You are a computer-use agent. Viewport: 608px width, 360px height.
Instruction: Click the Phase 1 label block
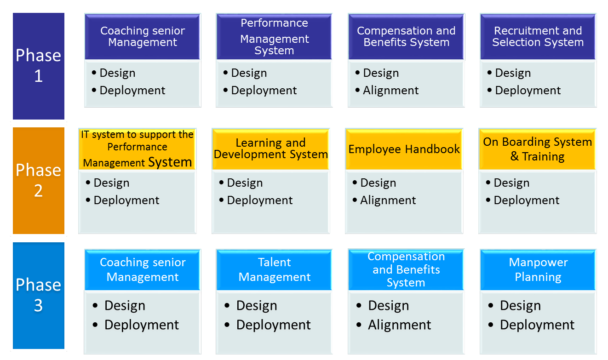tap(39, 66)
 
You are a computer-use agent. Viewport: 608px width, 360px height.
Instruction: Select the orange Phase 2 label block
tap(39, 181)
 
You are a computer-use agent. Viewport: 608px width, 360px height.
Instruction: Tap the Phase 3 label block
tap(39, 296)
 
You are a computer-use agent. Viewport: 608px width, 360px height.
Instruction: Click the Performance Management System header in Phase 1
tap(274, 37)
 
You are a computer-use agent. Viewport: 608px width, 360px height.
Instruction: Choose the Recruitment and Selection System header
tap(538, 37)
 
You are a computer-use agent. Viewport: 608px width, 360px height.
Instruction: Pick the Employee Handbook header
tap(404, 149)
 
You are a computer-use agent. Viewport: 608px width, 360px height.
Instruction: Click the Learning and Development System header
tap(270, 149)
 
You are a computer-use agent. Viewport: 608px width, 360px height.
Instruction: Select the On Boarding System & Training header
tap(538, 149)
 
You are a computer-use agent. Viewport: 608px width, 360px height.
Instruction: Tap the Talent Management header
tap(274, 270)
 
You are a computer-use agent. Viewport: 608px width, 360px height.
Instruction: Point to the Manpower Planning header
tap(538, 270)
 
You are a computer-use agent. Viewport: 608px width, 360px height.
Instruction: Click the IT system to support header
tap(137, 149)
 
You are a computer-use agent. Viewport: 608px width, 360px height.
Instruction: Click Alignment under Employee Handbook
tap(388, 200)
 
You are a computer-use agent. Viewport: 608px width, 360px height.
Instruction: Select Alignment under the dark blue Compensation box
tap(391, 91)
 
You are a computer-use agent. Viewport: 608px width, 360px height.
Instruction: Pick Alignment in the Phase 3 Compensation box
tap(400, 325)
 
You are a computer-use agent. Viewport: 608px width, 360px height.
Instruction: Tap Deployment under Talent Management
tap(273, 325)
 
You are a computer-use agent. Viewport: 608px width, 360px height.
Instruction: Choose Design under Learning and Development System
tap(245, 183)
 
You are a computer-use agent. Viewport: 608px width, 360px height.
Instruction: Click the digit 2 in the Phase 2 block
tap(38, 190)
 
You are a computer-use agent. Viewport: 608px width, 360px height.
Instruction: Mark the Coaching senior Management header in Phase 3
tap(143, 270)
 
